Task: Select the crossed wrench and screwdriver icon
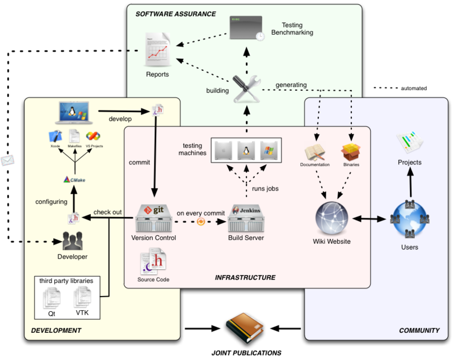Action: pyautogui.click(x=247, y=88)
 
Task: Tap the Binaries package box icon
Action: pyautogui.click(x=351, y=152)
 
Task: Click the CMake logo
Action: pyautogui.click(x=74, y=180)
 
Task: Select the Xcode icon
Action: pyautogui.click(x=55, y=136)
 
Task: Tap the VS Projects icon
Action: pyautogui.click(x=93, y=136)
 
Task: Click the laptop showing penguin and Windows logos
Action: pyautogui.click(x=72, y=113)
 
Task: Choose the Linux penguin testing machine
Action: pyautogui.click(x=246, y=151)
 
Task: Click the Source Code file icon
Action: pyautogui.click(x=153, y=262)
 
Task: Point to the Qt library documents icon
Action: pyautogui.click(x=52, y=297)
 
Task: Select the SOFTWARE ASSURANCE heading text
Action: pyautogui.click(x=175, y=13)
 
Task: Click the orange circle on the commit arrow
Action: pyautogui.click(x=200, y=221)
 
